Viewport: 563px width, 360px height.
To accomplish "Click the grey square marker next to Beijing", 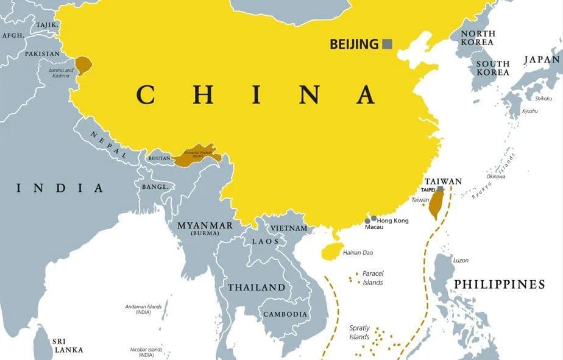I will coord(387,44).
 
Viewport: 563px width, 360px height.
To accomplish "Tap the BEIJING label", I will coord(354,44).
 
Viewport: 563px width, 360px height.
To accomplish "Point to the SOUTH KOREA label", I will coord(492,68).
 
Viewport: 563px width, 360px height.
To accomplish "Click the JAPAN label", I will coord(542,60).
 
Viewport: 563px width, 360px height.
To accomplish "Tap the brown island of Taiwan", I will coord(436,204).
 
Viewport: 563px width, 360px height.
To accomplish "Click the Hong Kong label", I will coord(392,220).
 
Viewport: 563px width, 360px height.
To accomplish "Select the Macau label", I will coord(374,227).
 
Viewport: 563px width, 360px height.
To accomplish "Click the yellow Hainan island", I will coord(331,250).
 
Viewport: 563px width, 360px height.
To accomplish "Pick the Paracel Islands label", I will coord(372,278).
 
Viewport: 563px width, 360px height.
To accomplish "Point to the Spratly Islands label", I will coord(359,333).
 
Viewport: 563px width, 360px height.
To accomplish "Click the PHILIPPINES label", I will coord(499,284).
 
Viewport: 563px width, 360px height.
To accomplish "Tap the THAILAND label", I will coord(256,287).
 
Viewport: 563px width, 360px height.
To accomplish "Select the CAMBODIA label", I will coord(285,314).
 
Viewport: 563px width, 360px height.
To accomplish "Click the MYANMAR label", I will coord(205,225).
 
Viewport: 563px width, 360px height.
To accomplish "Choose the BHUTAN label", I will coord(160,158).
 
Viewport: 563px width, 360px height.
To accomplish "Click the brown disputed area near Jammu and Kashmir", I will coord(83,65).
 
